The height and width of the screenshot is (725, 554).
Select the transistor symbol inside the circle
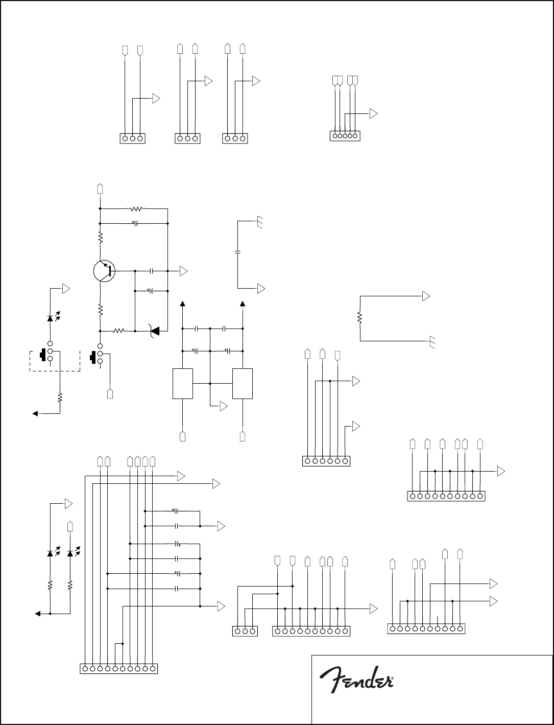coord(105,271)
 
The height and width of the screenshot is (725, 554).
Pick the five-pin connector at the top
coord(345,135)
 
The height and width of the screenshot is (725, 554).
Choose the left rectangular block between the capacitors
coord(183,383)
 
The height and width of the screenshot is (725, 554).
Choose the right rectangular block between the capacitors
coord(243,383)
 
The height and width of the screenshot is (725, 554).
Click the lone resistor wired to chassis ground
coord(360,318)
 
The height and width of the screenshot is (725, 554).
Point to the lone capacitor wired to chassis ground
coord(238,252)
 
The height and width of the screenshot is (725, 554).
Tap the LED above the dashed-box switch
coord(50,318)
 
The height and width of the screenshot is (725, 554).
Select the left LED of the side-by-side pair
coord(50,553)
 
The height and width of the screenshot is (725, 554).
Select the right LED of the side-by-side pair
coord(70,553)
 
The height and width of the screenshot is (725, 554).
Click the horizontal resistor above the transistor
coord(136,208)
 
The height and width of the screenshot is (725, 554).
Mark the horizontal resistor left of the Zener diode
coord(118,331)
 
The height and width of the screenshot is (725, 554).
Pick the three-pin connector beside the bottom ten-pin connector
coord(245,631)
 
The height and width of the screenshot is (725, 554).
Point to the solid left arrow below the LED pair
coord(37,614)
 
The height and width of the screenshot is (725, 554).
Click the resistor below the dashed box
coord(60,396)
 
